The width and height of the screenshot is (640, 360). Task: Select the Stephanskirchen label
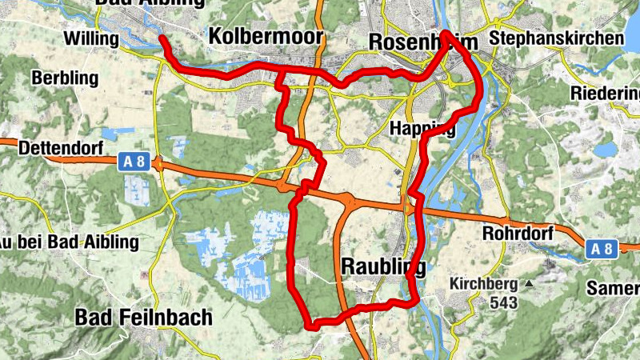point(558,38)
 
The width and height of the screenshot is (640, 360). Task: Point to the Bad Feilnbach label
point(143,318)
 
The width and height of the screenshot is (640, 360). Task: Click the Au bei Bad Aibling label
point(69,242)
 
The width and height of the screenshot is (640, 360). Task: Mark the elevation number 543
point(505,303)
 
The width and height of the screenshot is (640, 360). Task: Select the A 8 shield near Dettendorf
point(134,162)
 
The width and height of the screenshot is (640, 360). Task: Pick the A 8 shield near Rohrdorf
point(601,249)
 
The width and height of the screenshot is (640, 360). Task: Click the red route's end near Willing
point(162,38)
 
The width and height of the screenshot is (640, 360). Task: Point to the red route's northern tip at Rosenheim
point(446,33)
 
